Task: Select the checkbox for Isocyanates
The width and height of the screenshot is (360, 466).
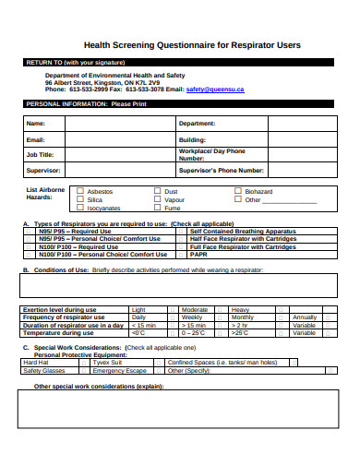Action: click(80, 208)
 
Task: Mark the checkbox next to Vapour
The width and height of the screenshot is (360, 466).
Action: click(158, 199)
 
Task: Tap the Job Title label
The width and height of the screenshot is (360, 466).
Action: click(41, 155)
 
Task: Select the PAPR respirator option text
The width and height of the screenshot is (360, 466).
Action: click(198, 255)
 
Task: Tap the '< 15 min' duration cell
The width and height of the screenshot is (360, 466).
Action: click(143, 326)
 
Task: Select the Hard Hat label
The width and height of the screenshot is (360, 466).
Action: click(36, 363)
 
